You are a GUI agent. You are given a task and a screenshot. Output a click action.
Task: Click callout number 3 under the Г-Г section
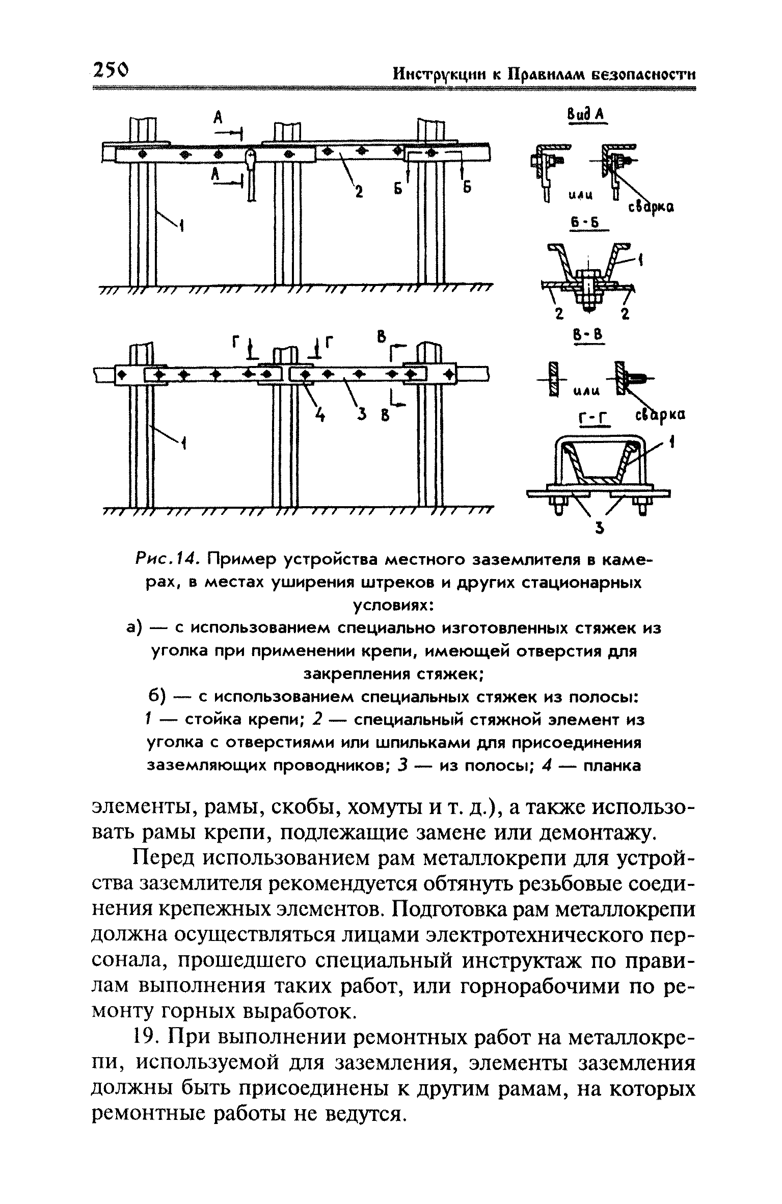tap(600, 530)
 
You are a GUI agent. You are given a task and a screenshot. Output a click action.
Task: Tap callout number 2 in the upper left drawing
tap(359, 192)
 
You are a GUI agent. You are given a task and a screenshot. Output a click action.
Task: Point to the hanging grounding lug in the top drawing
tap(251, 173)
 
